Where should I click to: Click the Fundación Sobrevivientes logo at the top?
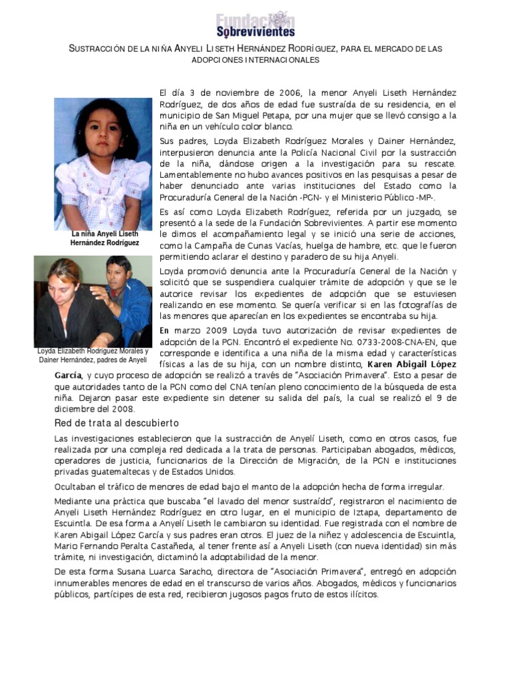[255, 24]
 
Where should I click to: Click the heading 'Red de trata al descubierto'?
[116, 424]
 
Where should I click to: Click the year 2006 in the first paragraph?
[280, 92]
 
